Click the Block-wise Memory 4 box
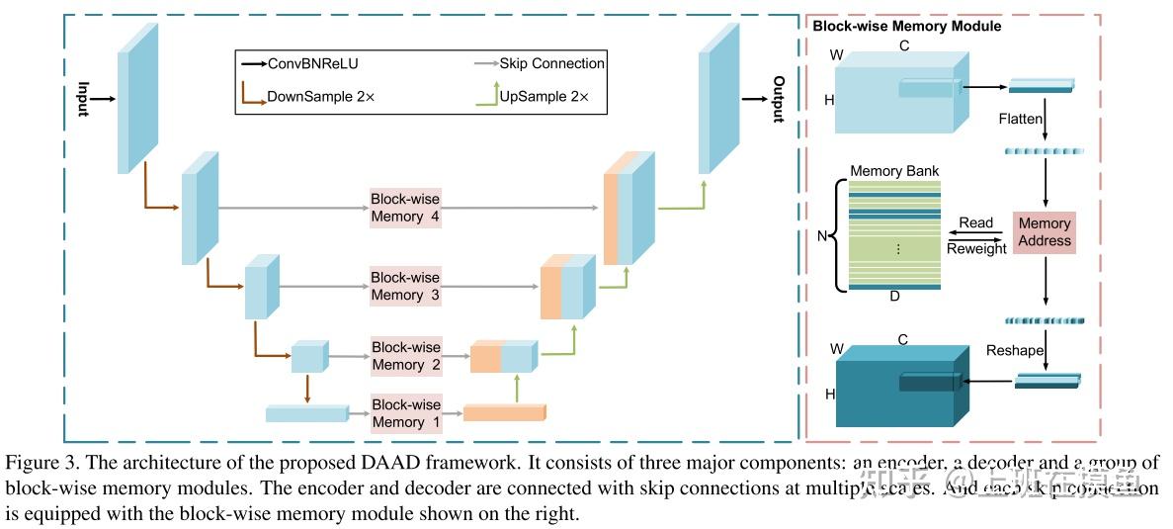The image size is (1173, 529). tap(405, 208)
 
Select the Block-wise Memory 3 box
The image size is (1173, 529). tap(405, 286)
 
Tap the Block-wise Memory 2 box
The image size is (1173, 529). tap(405, 356)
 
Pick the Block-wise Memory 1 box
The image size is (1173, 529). tap(405, 413)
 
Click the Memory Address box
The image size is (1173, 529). tap(1045, 232)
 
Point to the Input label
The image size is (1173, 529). tap(84, 99)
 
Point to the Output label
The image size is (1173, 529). tap(779, 99)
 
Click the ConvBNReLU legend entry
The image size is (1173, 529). tap(305, 63)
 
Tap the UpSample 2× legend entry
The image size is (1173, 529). tap(544, 97)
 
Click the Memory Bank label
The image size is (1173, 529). tap(894, 171)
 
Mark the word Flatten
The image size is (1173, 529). tap(1020, 119)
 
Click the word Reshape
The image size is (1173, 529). tap(1016, 350)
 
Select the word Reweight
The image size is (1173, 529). tap(976, 248)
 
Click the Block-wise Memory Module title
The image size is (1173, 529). tap(906, 27)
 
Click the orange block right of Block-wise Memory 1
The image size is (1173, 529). tap(503, 413)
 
